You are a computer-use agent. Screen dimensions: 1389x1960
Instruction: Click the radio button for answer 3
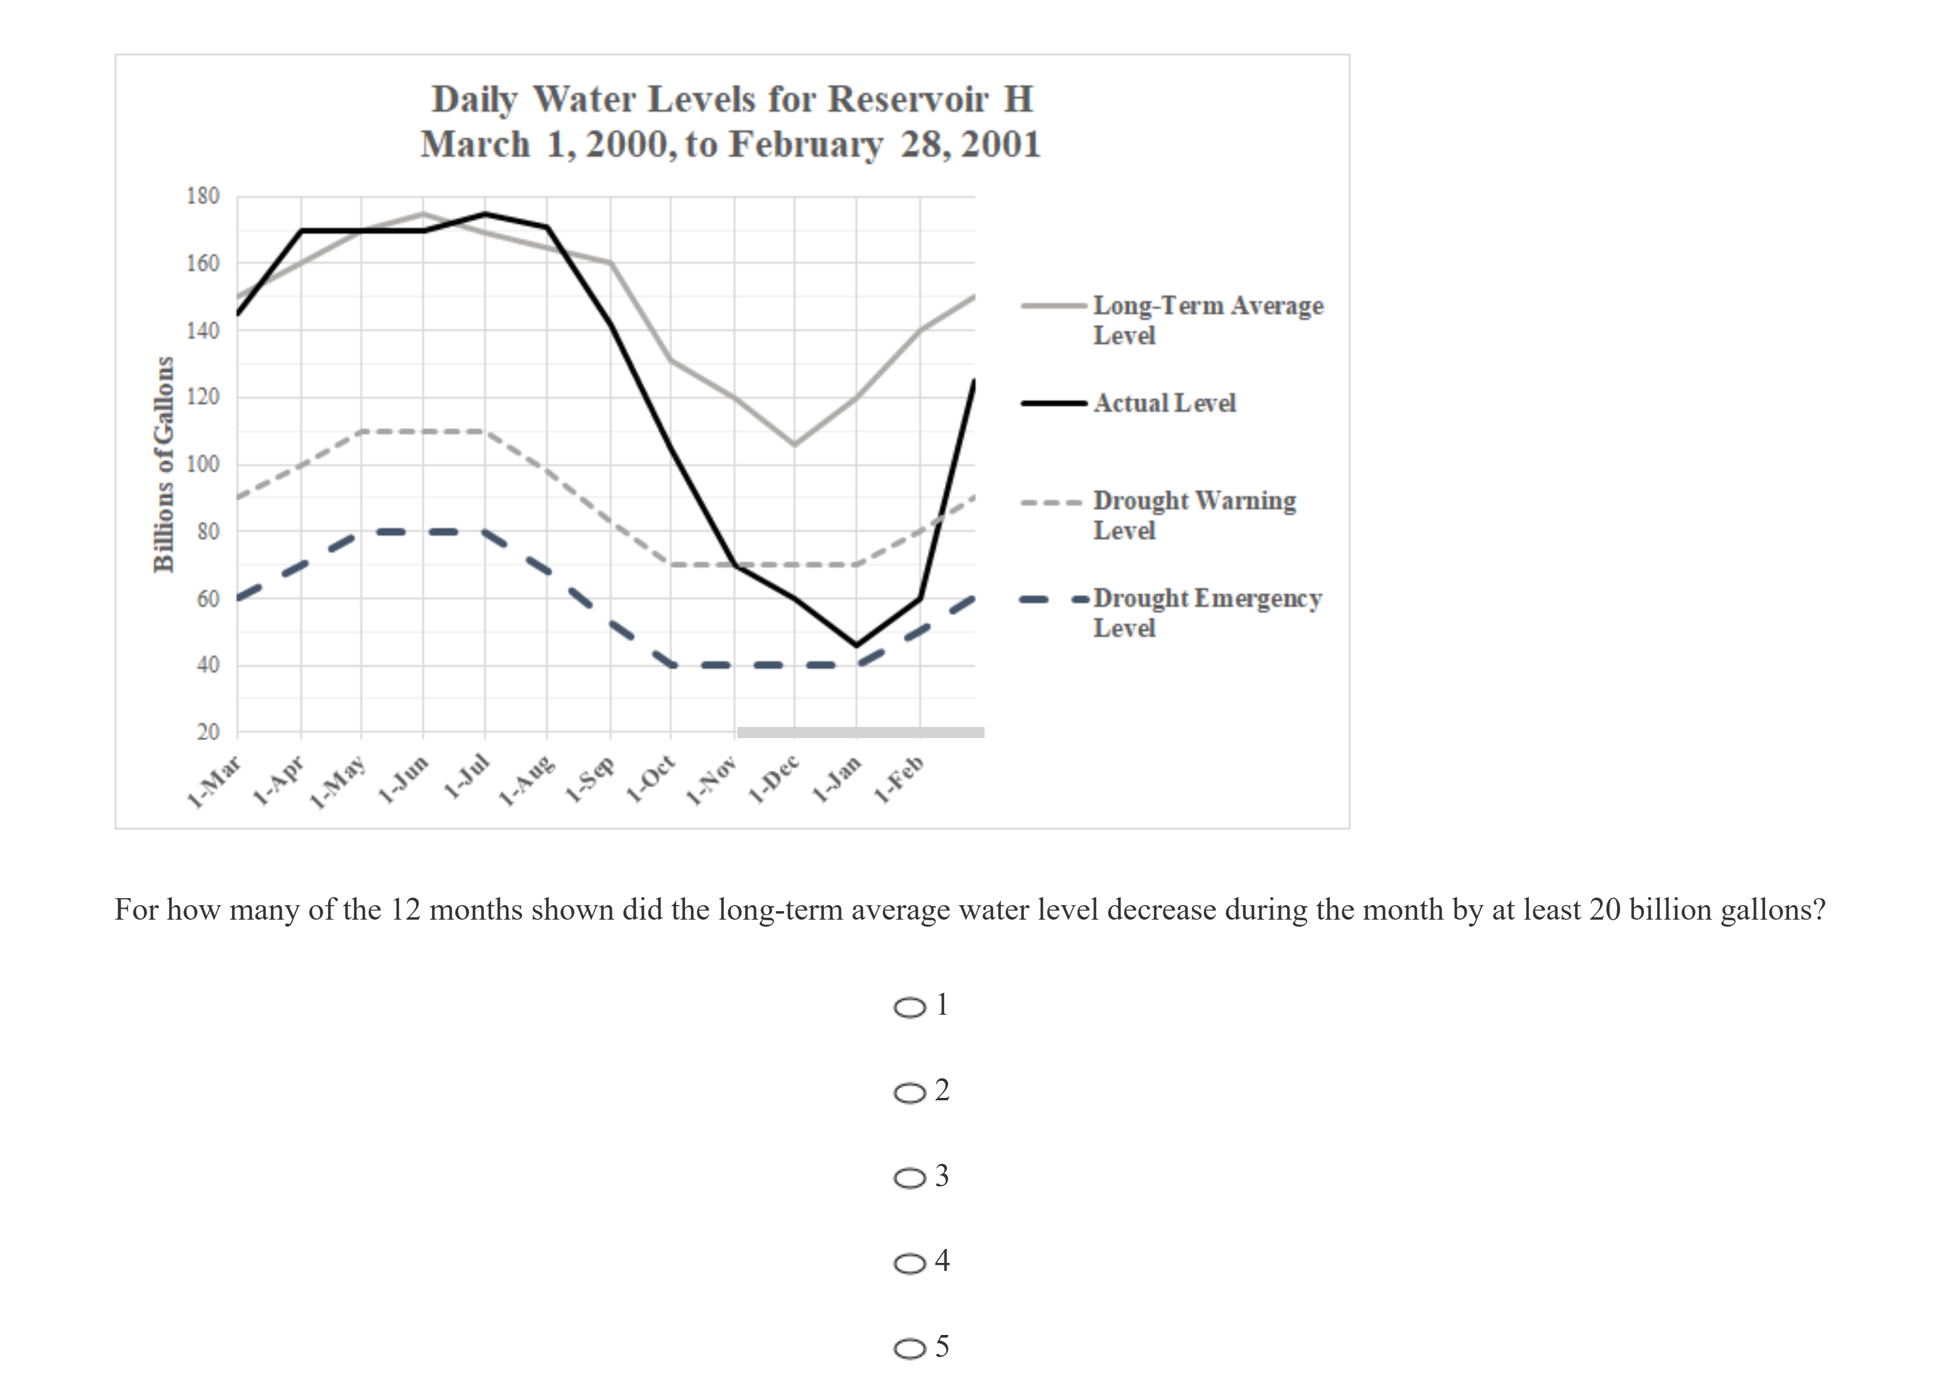[x=910, y=1178]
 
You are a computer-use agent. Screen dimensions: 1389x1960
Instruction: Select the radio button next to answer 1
[x=910, y=1008]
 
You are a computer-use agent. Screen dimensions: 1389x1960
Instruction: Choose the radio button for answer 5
[x=910, y=1349]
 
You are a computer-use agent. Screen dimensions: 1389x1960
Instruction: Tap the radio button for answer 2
[x=910, y=1093]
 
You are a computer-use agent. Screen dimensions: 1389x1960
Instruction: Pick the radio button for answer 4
[x=910, y=1263]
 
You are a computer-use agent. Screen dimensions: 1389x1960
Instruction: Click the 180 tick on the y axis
[x=203, y=196]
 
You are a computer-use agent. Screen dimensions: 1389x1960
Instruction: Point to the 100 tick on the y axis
[x=203, y=464]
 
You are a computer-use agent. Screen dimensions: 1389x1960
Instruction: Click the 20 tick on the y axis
[x=208, y=732]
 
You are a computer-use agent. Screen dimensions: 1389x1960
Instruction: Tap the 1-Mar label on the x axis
[x=214, y=783]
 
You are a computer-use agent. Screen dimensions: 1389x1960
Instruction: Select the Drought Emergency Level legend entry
[x=1207, y=612]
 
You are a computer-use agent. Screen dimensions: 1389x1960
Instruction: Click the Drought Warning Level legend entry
[x=1194, y=515]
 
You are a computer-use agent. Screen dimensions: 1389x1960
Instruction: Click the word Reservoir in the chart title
[x=908, y=99]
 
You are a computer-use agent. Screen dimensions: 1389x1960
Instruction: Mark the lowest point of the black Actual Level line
[x=856, y=645]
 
